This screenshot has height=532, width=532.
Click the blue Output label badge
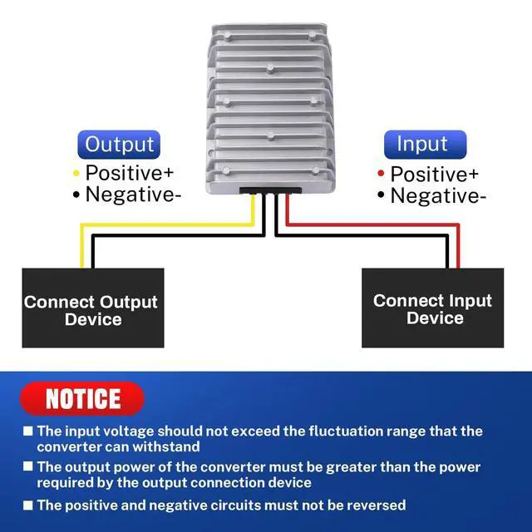120,144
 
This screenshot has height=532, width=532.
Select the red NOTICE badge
82,398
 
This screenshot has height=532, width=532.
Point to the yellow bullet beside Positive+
76,174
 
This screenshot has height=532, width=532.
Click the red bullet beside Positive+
381,175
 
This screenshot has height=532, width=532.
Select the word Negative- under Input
438,196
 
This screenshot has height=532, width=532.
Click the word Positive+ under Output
130,173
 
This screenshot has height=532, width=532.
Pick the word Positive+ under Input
435,175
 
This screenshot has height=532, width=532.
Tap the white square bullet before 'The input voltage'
28,431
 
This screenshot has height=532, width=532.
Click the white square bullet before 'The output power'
28,467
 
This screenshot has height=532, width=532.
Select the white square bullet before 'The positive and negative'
28,505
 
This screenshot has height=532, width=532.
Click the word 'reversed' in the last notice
374,505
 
